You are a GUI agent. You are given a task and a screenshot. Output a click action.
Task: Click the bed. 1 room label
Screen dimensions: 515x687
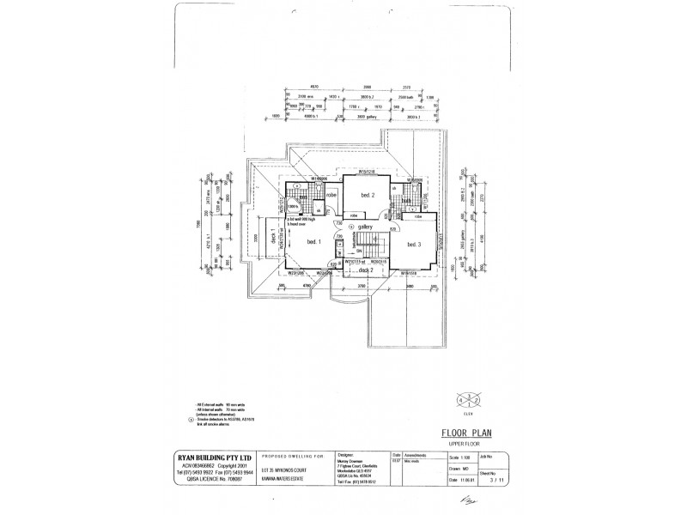click(x=313, y=243)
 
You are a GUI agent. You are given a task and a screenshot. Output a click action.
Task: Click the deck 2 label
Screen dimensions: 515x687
click(x=366, y=270)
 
